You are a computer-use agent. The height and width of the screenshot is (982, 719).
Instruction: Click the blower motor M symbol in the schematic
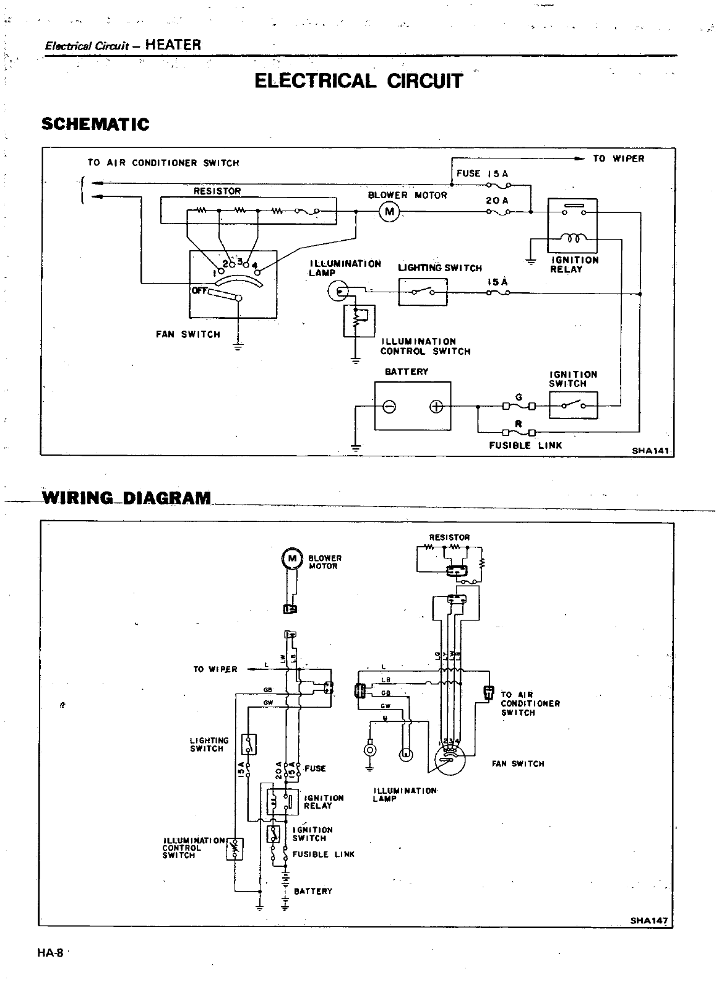(390, 212)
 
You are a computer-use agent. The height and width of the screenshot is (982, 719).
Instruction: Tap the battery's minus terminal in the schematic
(390, 406)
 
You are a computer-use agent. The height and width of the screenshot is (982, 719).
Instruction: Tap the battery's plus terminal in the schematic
(436, 406)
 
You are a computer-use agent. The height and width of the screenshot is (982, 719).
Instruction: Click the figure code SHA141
(651, 451)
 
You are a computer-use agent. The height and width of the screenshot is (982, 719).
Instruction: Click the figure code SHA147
(649, 920)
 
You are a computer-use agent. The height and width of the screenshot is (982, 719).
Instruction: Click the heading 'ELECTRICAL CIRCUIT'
(358, 80)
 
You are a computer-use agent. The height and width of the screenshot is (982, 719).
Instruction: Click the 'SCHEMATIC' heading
(95, 124)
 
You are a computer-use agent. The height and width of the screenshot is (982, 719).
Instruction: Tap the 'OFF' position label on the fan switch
(199, 291)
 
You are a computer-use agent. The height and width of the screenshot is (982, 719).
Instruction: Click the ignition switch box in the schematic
(573, 406)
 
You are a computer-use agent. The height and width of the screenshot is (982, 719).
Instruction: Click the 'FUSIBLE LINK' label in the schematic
(525, 445)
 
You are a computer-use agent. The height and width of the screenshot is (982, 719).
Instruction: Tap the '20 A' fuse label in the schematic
(497, 201)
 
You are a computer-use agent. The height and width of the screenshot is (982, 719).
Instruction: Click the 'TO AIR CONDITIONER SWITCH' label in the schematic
(163, 163)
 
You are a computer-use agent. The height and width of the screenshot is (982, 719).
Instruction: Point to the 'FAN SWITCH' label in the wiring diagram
(518, 763)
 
